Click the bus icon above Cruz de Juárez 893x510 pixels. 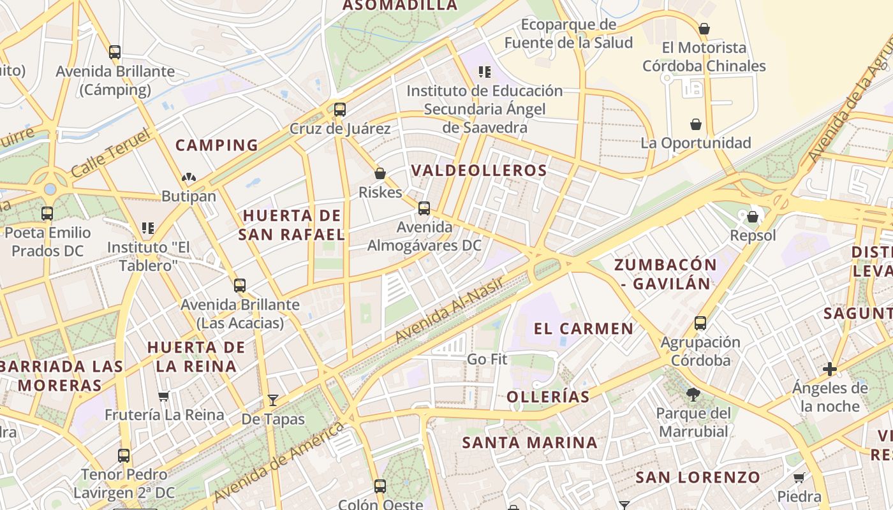[x=340, y=109]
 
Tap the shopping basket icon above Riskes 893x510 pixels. [x=380, y=173]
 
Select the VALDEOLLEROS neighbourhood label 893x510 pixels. [x=479, y=170]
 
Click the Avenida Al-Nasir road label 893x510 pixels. [x=449, y=310]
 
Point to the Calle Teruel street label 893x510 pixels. [x=110, y=153]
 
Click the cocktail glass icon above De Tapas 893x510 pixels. [x=273, y=400]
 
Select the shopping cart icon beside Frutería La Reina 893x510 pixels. [x=164, y=396]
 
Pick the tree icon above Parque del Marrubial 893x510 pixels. [x=693, y=395]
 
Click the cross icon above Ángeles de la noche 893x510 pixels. [x=830, y=368]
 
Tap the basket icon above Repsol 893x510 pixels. [x=753, y=217]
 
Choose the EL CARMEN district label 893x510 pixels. [x=584, y=329]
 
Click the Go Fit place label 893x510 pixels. [x=487, y=359]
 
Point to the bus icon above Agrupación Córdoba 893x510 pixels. [x=700, y=323]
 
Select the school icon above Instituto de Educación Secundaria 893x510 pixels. [x=485, y=72]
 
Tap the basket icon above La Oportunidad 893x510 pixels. [x=696, y=124]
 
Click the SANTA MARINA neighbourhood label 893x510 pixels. [x=530, y=442]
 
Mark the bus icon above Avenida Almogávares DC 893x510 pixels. [x=424, y=208]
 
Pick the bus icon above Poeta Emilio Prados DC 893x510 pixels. [x=47, y=214]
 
